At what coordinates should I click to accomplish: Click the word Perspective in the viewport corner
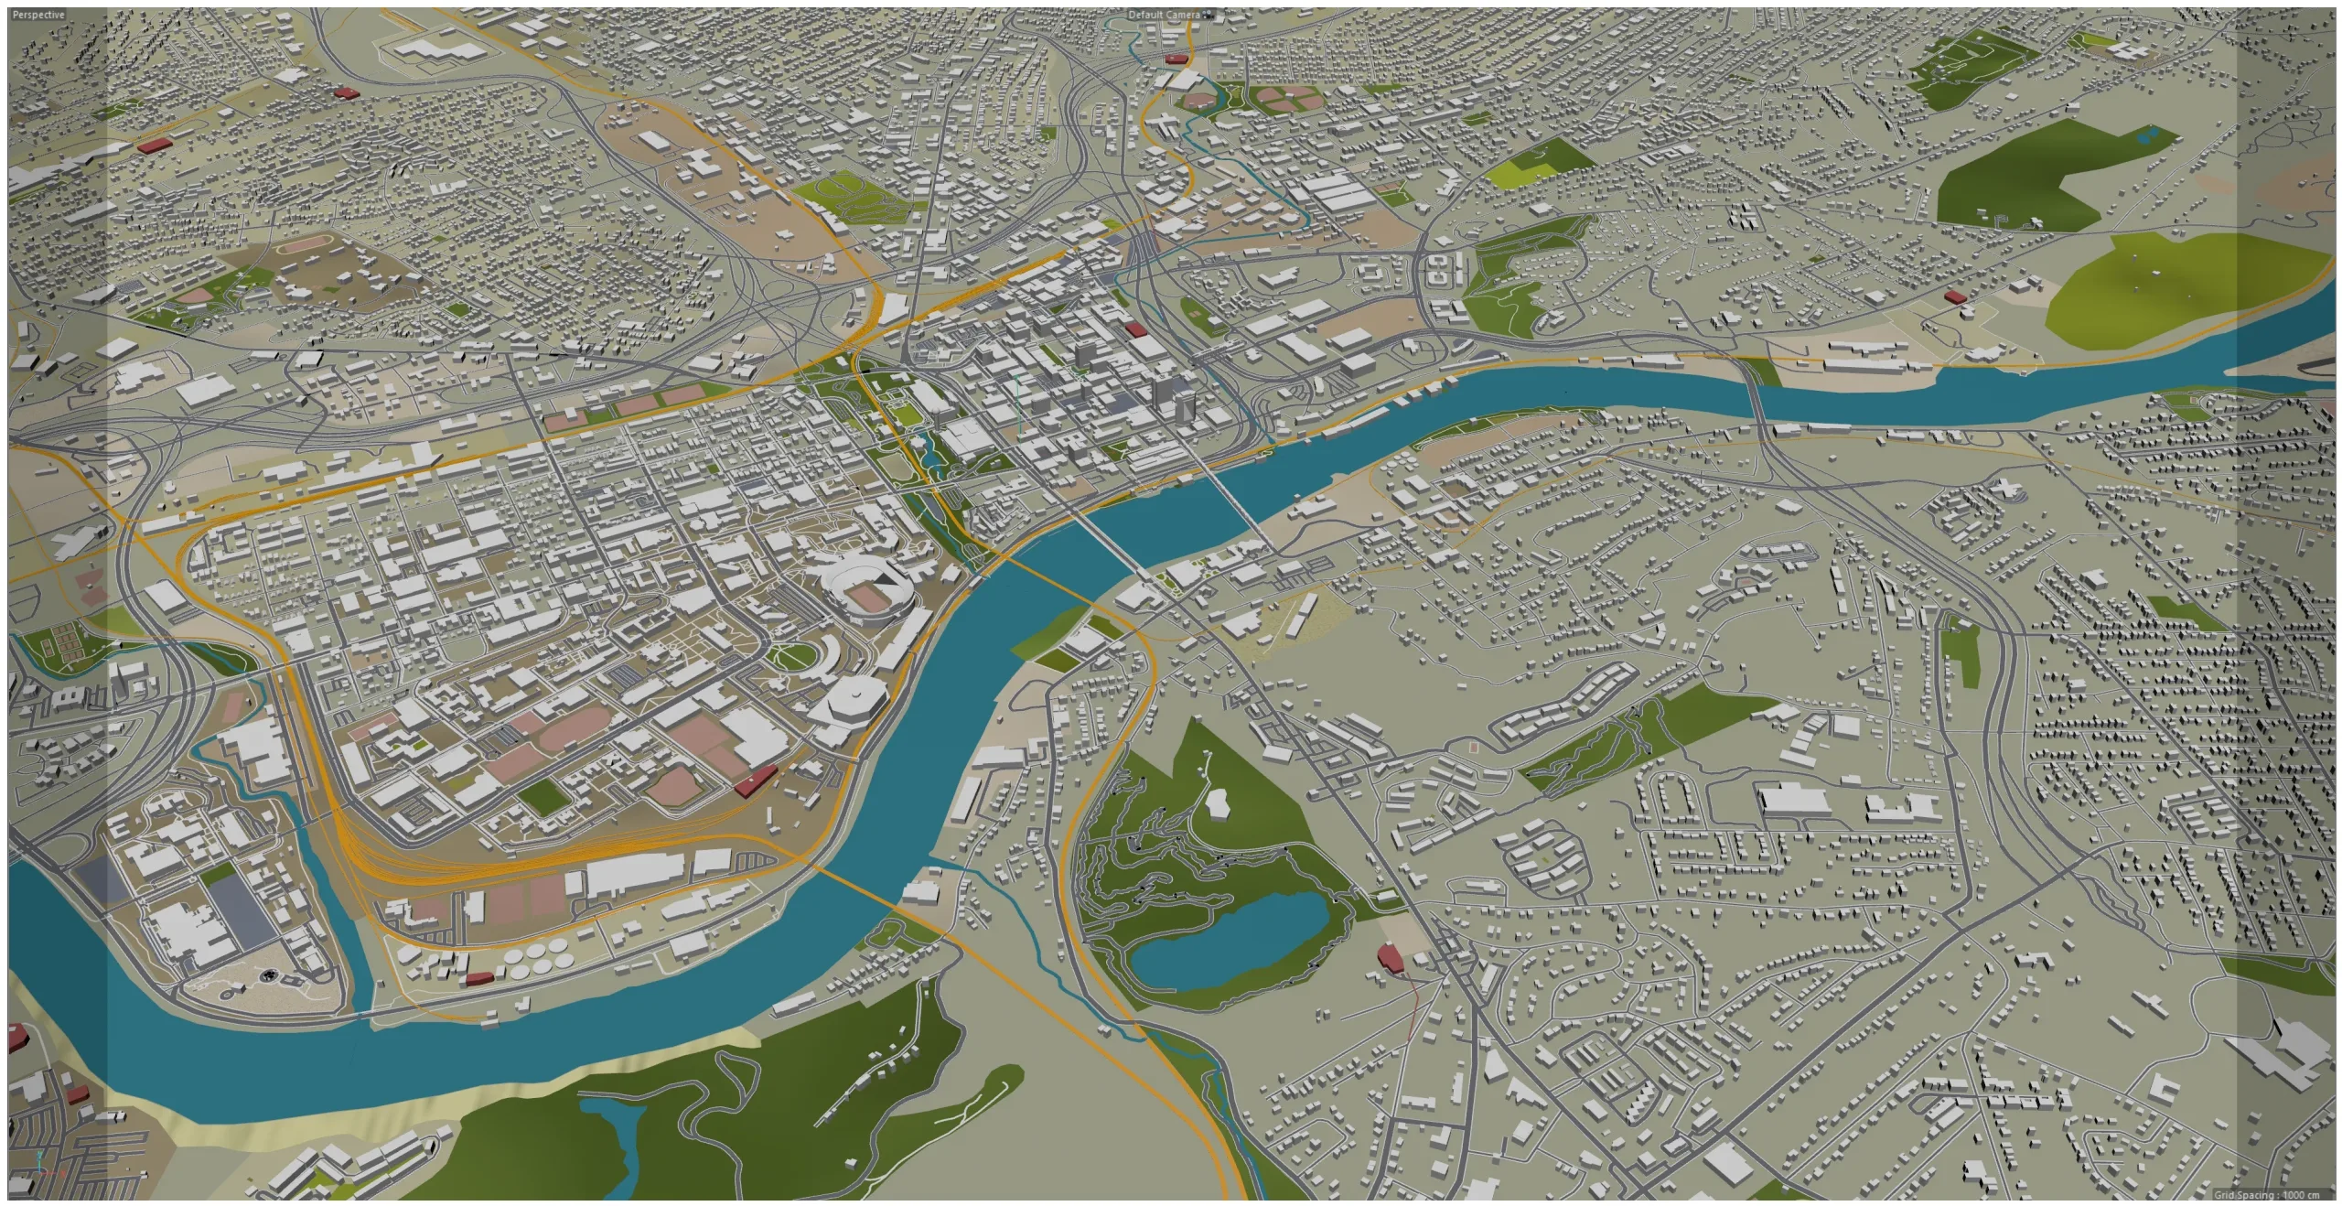point(38,16)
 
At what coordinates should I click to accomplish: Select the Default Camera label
point(1163,16)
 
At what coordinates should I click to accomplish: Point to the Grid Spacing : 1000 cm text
point(2268,1195)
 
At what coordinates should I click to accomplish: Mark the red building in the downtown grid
point(1135,328)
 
